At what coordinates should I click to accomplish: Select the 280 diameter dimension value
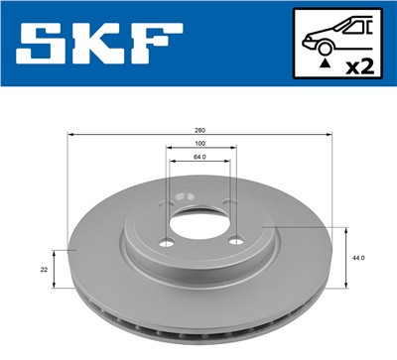click(x=201, y=129)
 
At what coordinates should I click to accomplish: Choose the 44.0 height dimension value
click(x=360, y=258)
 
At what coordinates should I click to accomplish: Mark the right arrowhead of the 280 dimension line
click(x=331, y=135)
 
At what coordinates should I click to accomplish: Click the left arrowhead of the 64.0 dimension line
click(x=172, y=162)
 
